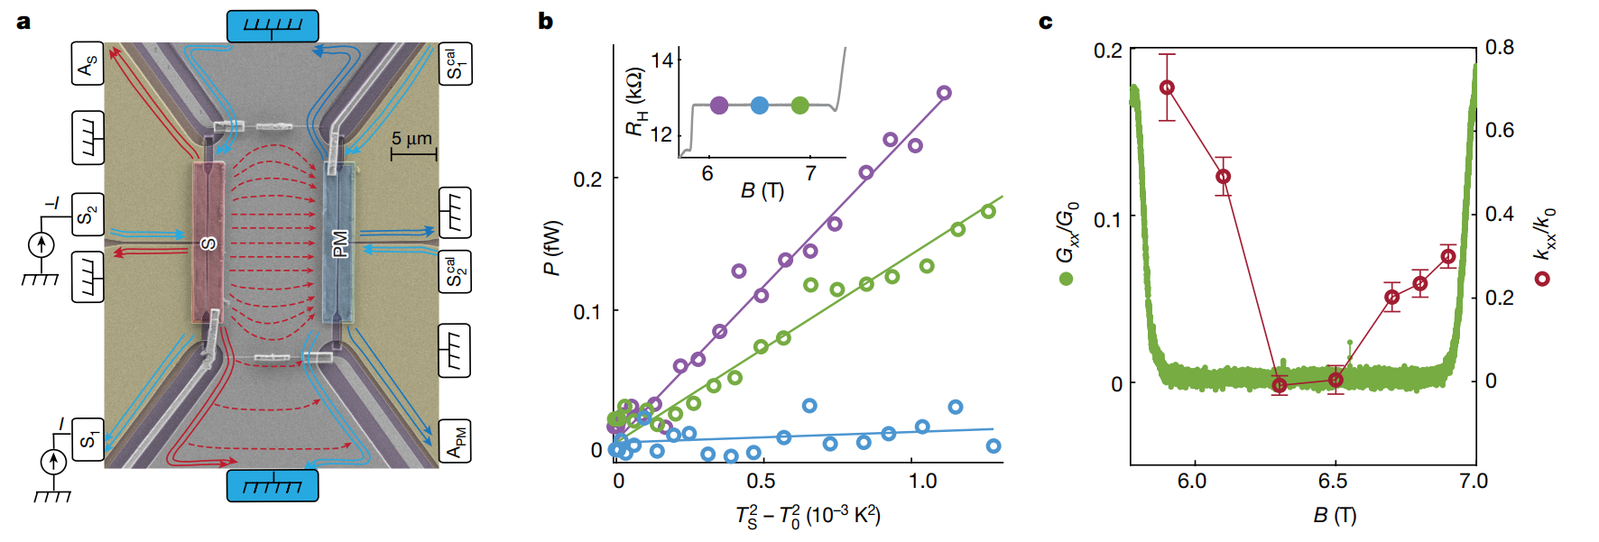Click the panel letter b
pos(545,21)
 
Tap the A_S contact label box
pos(88,64)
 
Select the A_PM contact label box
pos(455,441)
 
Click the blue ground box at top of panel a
pos(273,26)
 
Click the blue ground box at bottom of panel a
pos(273,485)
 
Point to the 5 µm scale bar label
pos(411,139)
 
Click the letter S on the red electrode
pos(208,243)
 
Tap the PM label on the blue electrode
pos(340,243)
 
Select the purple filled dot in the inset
pos(719,106)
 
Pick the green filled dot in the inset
pos(799,106)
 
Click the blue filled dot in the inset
pos(760,106)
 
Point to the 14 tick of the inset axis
pos(661,60)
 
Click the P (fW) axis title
pos(552,248)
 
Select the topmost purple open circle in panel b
pos(944,93)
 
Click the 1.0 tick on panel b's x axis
pos(922,481)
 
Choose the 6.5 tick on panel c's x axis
pos(1333,481)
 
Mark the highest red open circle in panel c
pos(1167,87)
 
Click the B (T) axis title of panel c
pos(1335,515)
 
